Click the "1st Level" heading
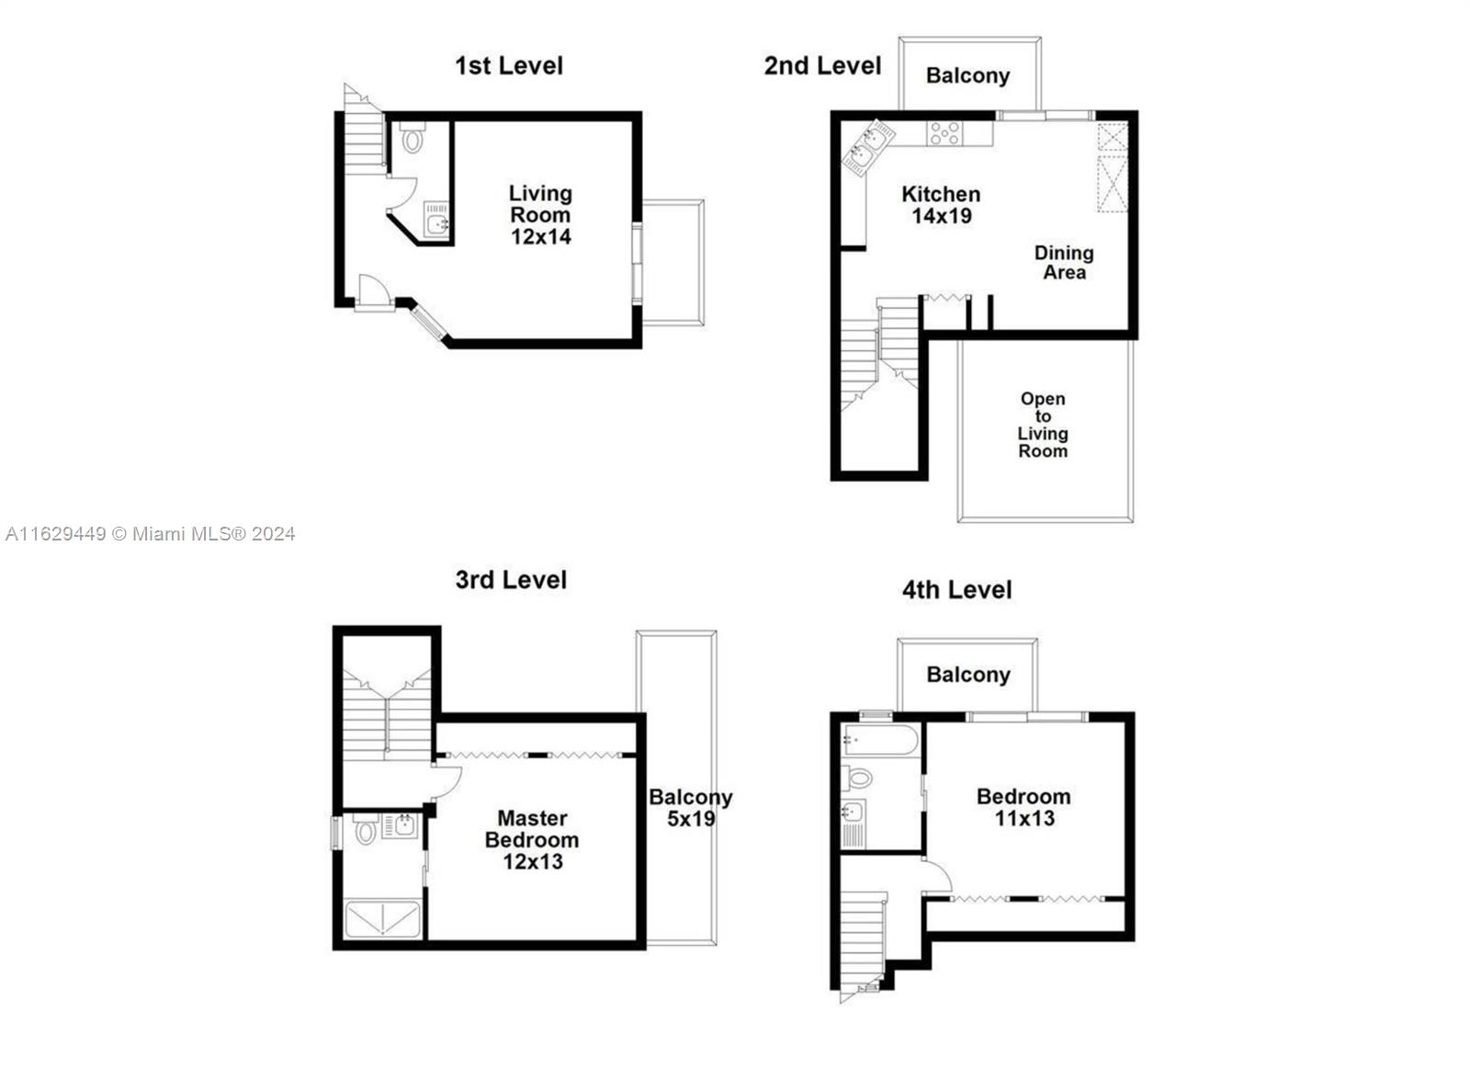(x=509, y=66)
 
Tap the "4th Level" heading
(x=956, y=590)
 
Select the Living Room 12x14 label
(x=540, y=215)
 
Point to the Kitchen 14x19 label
(x=941, y=205)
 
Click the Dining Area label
(x=1064, y=263)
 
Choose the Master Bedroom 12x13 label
(x=532, y=839)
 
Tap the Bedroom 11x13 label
(x=1023, y=807)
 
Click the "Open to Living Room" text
(x=1043, y=425)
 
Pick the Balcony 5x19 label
(x=691, y=807)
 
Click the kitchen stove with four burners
(x=944, y=134)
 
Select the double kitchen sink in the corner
(x=868, y=148)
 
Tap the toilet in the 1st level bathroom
(x=413, y=140)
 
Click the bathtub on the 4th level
(x=880, y=740)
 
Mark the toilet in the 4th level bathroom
(x=859, y=779)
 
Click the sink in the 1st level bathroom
(x=437, y=222)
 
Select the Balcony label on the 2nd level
(x=967, y=76)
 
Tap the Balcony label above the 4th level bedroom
(x=967, y=676)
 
